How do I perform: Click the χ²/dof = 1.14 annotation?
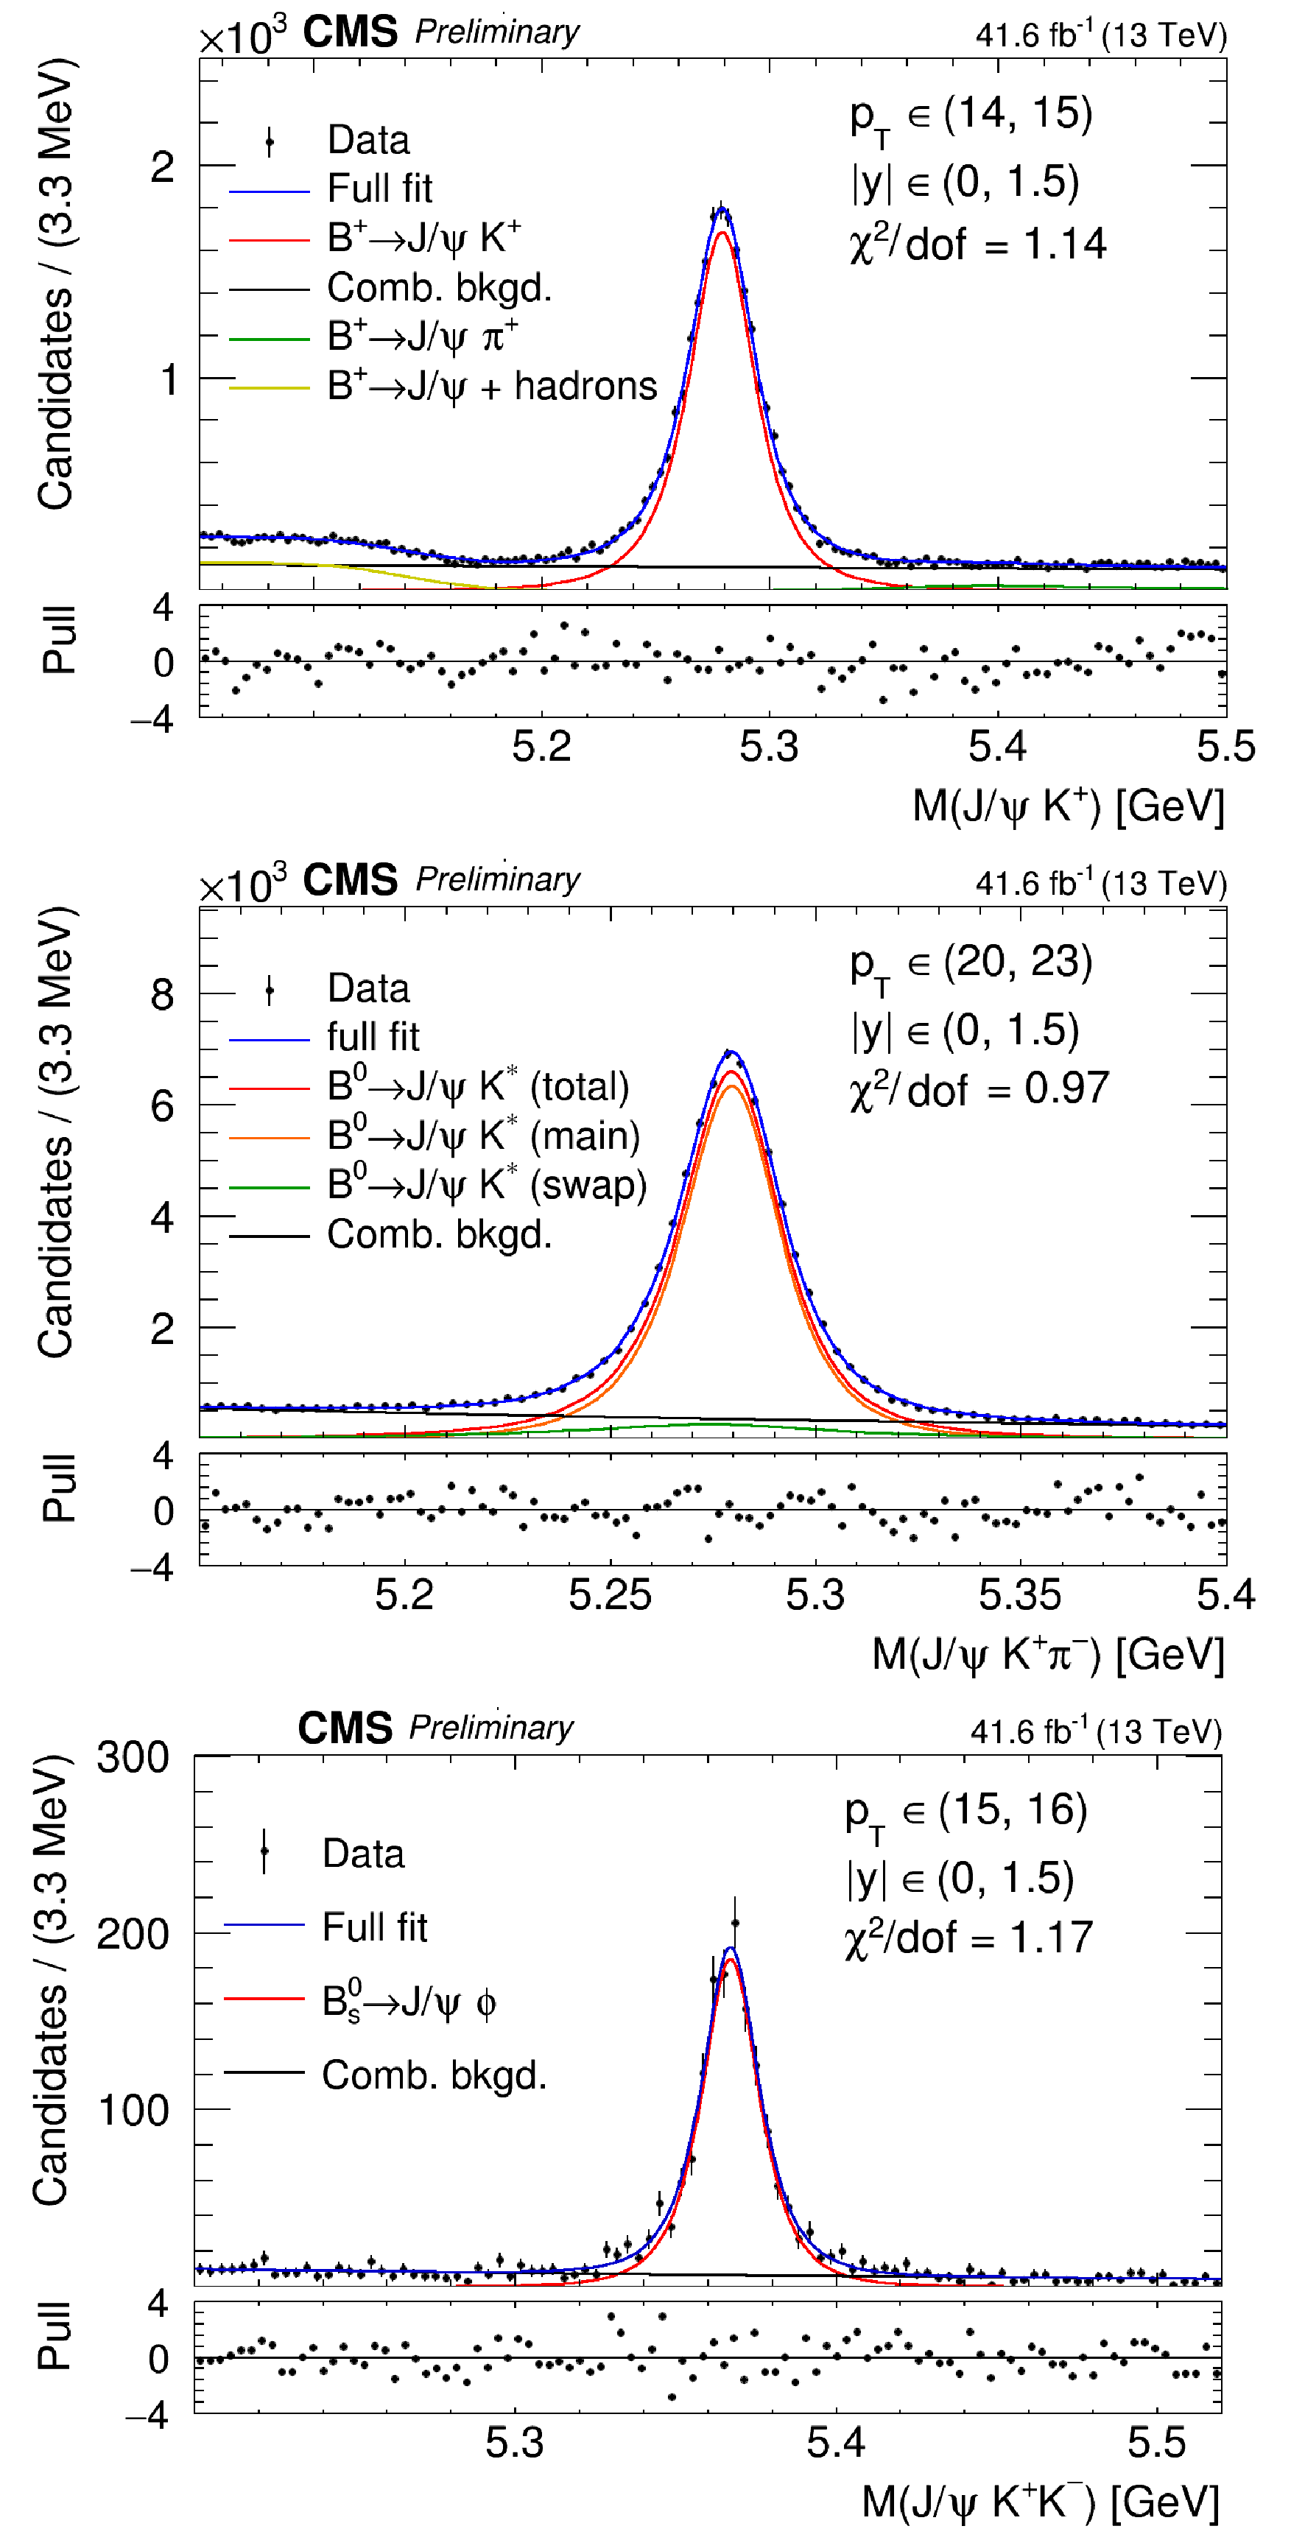[977, 244]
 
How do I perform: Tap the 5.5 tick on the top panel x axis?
[1225, 747]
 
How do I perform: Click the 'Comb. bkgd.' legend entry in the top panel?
[439, 288]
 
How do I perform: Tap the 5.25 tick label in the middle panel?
[610, 1594]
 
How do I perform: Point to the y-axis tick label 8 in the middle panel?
[162, 994]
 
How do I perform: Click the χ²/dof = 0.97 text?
[979, 1089]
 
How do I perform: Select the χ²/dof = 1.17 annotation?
[968, 1938]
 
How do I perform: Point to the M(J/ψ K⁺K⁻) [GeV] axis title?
[1040, 2502]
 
